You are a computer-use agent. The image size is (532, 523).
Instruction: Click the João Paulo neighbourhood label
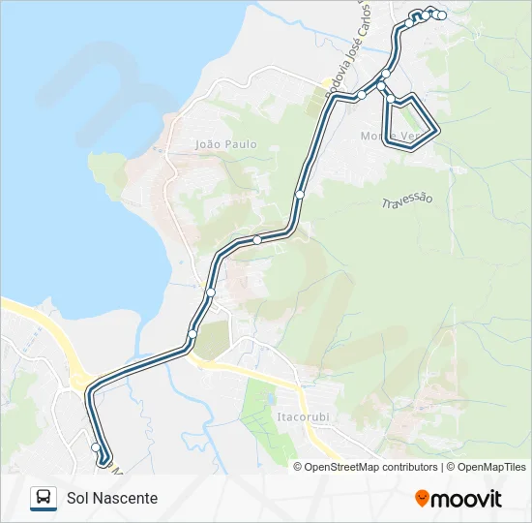[226, 144]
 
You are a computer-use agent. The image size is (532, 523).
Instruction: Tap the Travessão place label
[407, 200]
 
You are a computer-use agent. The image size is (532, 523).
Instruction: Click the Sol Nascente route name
[112, 498]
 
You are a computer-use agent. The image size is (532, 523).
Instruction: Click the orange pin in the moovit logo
[422, 499]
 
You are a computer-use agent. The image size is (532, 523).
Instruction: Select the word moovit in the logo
[466, 499]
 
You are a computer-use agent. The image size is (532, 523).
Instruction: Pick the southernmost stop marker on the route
[96, 447]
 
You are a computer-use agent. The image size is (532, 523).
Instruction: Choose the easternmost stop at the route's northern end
[441, 15]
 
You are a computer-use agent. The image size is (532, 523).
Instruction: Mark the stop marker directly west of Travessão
[300, 195]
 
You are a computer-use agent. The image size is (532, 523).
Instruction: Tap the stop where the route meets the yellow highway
[192, 334]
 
